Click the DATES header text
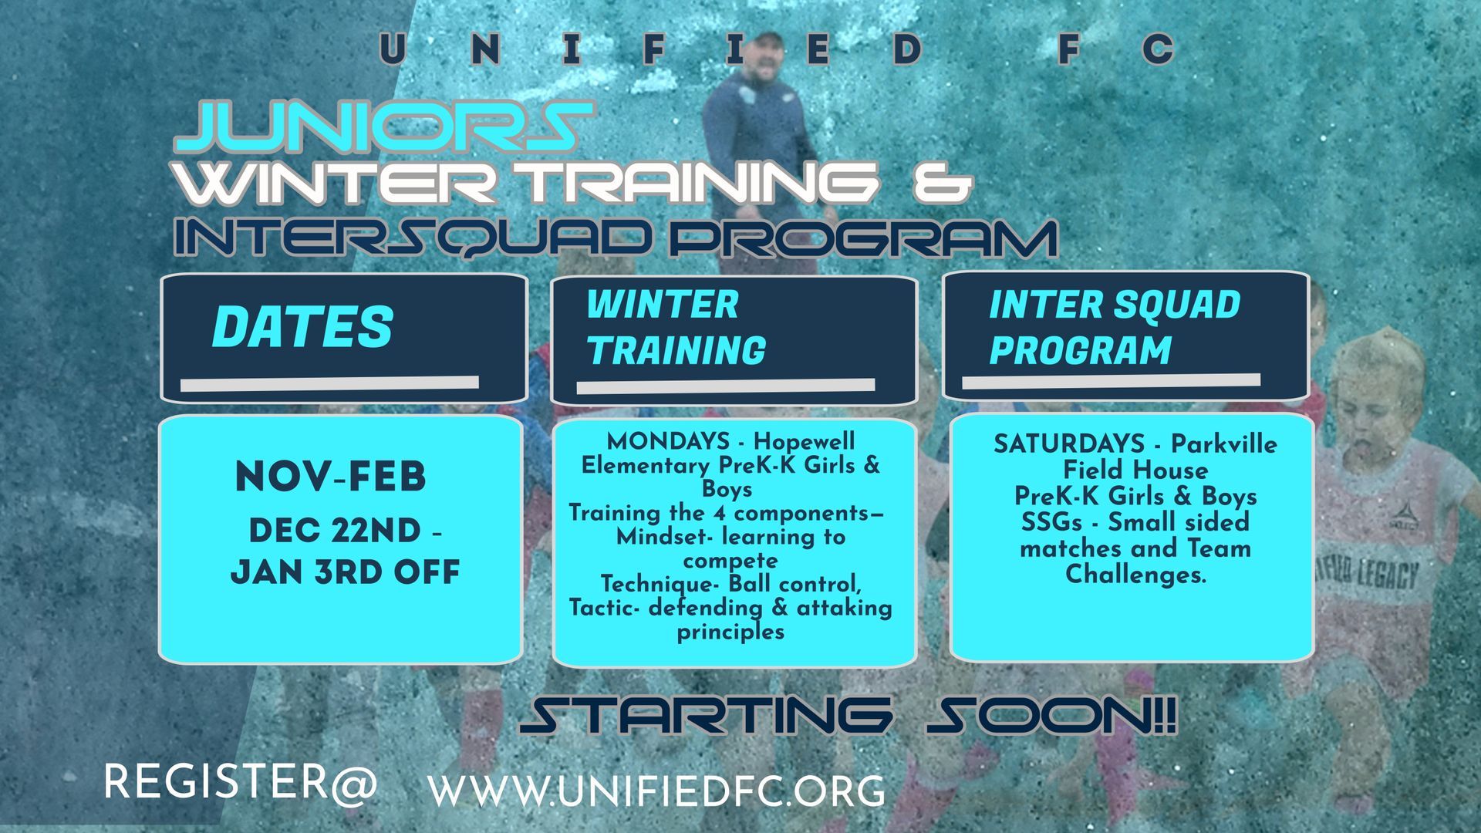(x=302, y=326)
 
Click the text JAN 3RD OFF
(x=345, y=572)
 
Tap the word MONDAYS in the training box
(x=668, y=441)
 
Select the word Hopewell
(x=805, y=441)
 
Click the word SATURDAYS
(x=1069, y=443)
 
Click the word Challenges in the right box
(x=1135, y=575)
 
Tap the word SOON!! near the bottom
(x=1050, y=716)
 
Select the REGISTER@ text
(x=241, y=781)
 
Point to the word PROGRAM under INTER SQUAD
(x=1081, y=350)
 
